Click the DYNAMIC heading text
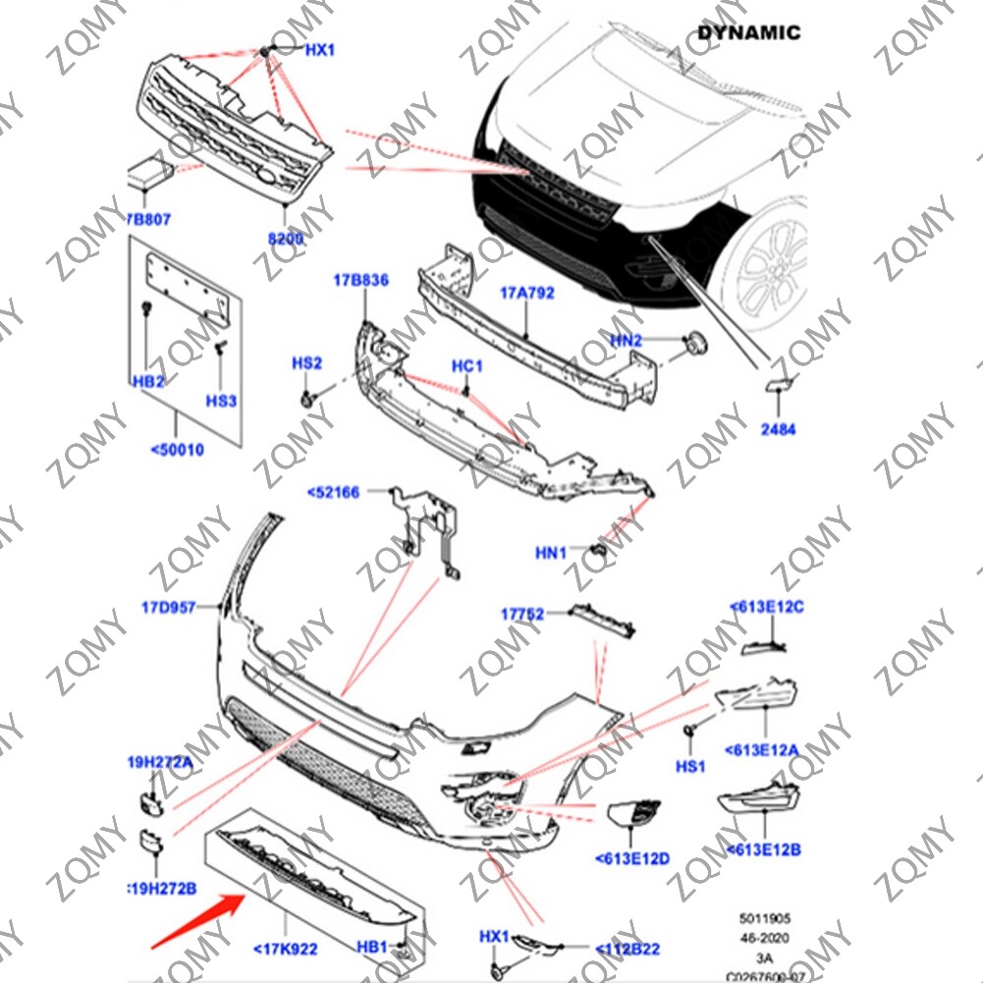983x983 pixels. tap(748, 32)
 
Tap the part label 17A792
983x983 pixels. tap(526, 293)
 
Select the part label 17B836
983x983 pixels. tap(360, 281)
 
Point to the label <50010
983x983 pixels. tap(177, 450)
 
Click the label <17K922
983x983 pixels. tap(285, 949)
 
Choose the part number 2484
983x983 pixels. tap(778, 429)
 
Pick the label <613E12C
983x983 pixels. tap(767, 607)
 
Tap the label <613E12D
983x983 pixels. tap(632, 858)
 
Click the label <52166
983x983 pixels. tap(333, 493)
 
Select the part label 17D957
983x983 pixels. tap(170, 608)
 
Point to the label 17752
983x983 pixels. tap(521, 614)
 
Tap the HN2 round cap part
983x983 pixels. tap(696, 343)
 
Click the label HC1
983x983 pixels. tap(467, 366)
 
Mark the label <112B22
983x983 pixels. tap(628, 949)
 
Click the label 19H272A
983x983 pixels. tap(159, 760)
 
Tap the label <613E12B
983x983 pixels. tap(763, 847)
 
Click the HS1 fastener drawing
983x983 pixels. tap(690, 731)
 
